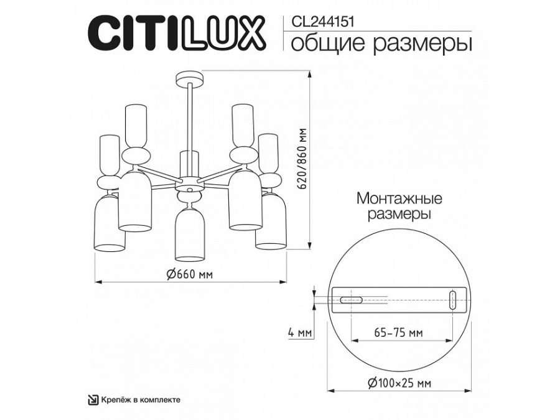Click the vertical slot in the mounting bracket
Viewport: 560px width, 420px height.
pyautogui.click(x=453, y=299)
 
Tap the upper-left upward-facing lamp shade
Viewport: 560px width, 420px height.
pyautogui.click(x=136, y=125)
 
